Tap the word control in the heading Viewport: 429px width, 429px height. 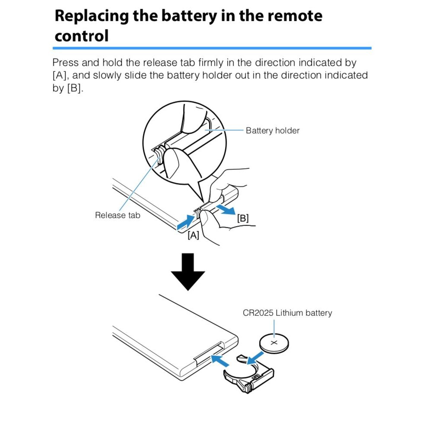point(82,35)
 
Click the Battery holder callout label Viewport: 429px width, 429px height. point(272,130)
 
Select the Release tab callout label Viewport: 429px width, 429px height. point(118,215)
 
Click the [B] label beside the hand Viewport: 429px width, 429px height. point(243,218)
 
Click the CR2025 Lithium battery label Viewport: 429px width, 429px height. point(287,313)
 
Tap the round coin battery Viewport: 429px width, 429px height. point(274,343)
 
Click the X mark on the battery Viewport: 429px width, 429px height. point(274,343)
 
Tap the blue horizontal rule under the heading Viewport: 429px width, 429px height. point(212,48)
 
